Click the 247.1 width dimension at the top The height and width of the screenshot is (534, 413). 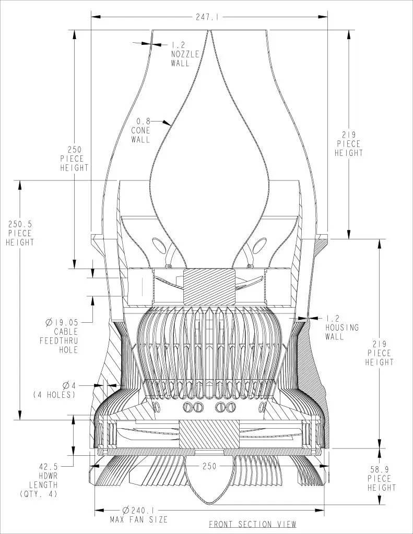click(x=207, y=17)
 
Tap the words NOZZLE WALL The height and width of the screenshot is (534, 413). click(x=185, y=59)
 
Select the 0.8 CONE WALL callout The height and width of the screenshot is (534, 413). click(x=140, y=130)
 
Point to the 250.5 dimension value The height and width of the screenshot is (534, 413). click(x=20, y=224)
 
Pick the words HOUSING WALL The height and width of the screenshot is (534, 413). click(x=342, y=332)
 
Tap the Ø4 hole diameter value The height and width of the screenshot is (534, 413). click(x=69, y=385)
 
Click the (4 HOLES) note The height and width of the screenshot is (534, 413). click(x=54, y=395)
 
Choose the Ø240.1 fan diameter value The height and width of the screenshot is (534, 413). click(x=138, y=511)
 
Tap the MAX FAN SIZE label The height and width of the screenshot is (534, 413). click(x=138, y=519)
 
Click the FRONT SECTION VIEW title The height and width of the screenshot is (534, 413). click(x=252, y=524)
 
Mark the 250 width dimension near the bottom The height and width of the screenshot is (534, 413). click(x=209, y=466)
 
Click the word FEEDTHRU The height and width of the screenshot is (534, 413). click(x=59, y=341)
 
